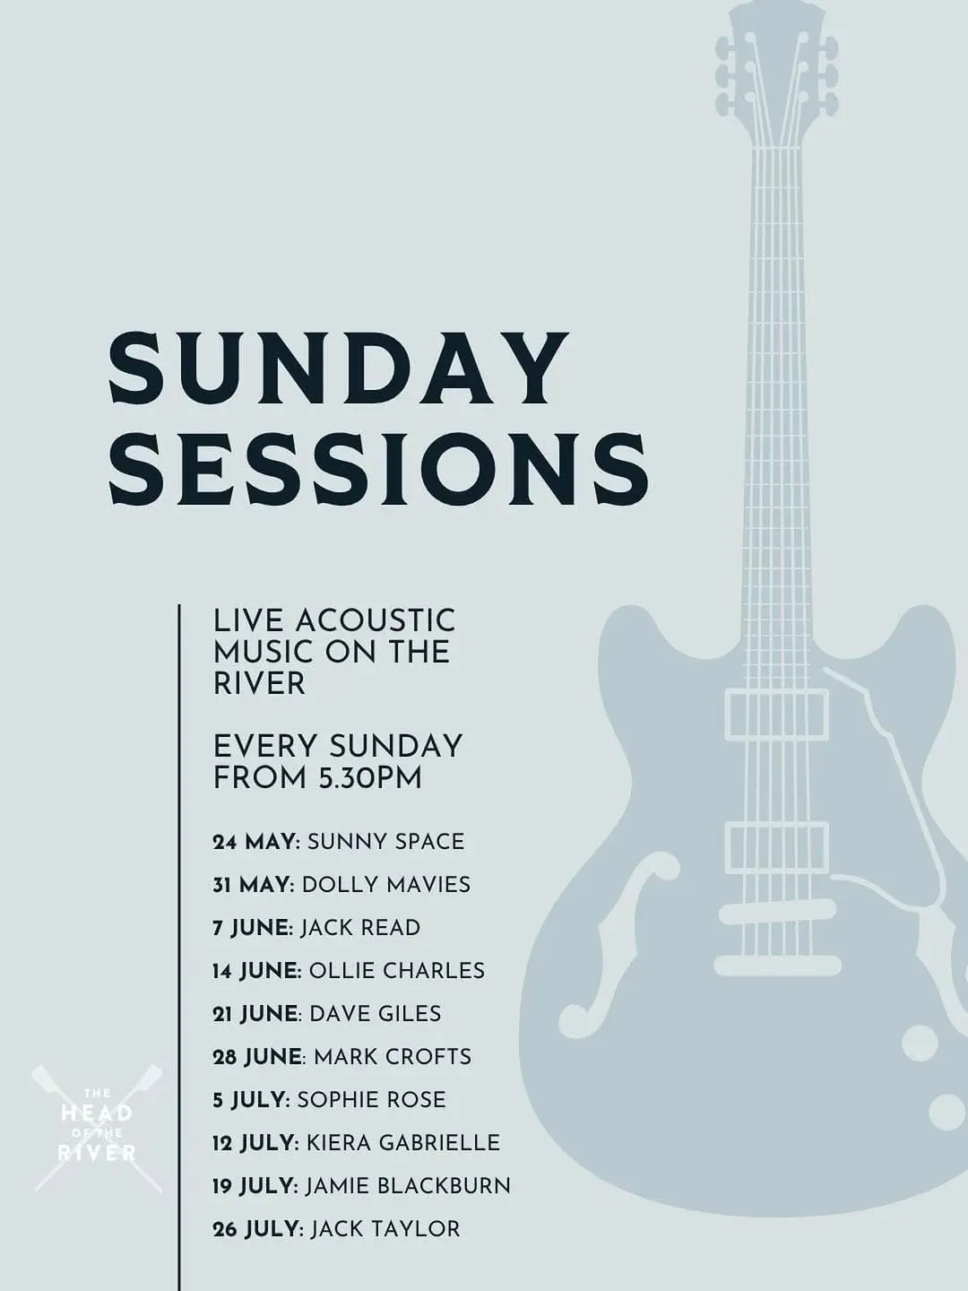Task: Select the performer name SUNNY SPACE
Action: click(385, 842)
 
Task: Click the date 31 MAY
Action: click(254, 885)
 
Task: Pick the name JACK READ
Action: click(360, 928)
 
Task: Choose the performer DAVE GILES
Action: click(375, 1013)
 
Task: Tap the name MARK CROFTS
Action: click(393, 1057)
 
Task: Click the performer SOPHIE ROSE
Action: click(371, 1100)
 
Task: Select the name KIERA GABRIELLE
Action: click(402, 1143)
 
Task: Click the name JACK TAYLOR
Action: click(385, 1228)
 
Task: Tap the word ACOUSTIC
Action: click(375, 620)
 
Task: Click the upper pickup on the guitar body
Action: click(776, 715)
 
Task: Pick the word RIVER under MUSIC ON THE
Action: click(259, 683)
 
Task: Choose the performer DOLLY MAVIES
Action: click(386, 885)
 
